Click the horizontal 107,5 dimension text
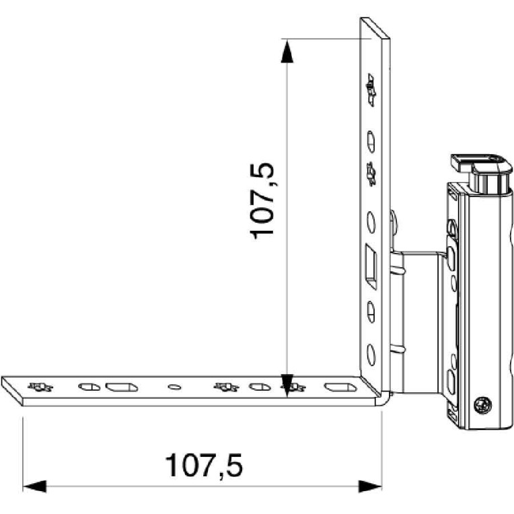204,465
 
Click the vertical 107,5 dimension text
262,201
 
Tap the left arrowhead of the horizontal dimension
34,486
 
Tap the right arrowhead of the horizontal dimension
370,486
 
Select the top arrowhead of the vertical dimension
287,51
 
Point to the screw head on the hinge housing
483,405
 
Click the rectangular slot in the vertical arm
371,266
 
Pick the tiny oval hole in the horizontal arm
174,387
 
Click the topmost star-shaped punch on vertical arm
371,90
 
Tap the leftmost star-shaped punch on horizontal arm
40,387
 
